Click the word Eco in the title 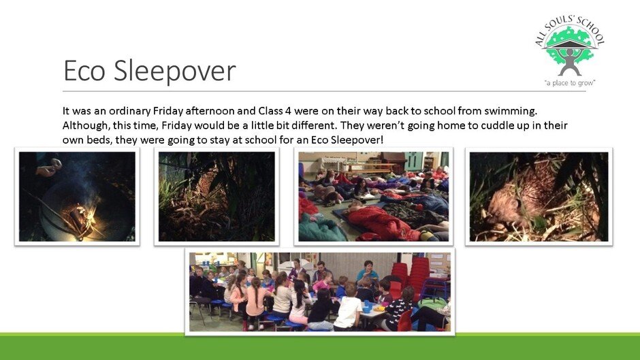click(84, 70)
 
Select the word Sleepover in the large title click(175, 71)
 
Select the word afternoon click(214, 111)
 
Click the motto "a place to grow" click(570, 83)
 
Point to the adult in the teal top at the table click(368, 272)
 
